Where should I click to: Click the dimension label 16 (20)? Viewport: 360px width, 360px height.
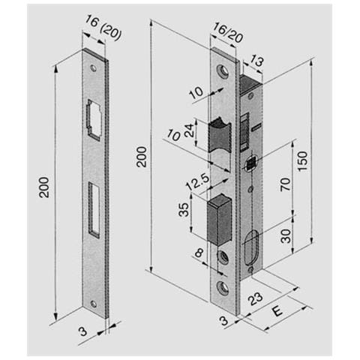click(103, 28)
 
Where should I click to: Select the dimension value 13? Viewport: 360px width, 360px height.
click(256, 61)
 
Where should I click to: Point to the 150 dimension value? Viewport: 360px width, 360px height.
click(302, 161)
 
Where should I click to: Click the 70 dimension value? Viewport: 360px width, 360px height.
click(286, 184)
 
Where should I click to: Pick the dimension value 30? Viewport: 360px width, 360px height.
click(286, 235)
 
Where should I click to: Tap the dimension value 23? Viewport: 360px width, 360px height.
click(255, 298)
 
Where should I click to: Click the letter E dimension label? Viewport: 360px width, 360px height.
click(277, 312)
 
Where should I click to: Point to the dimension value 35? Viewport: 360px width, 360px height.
click(184, 209)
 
